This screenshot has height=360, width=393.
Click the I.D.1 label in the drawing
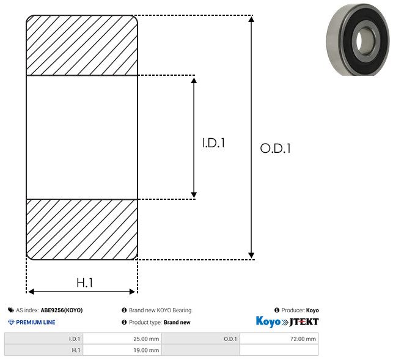[x=213, y=143]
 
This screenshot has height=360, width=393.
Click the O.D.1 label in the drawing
[x=276, y=148]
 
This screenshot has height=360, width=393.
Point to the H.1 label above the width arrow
[x=85, y=283]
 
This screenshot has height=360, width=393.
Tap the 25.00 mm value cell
[x=122, y=339]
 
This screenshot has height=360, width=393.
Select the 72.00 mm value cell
[x=279, y=339]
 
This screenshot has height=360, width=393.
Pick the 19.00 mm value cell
[x=122, y=350]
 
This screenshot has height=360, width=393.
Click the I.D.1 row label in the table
[x=43, y=339]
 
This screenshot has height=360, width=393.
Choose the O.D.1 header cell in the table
[x=200, y=339]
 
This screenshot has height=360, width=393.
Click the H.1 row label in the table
[x=43, y=350]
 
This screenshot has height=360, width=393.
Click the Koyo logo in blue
[x=268, y=321]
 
